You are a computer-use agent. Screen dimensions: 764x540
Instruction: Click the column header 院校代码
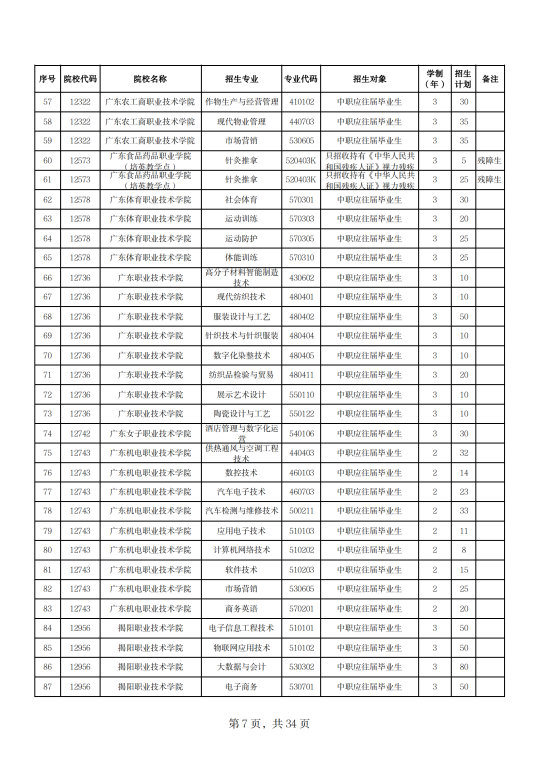[x=80, y=79]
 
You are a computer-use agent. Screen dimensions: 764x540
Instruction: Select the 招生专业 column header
[x=241, y=79]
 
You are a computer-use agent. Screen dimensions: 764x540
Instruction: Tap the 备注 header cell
[x=490, y=79]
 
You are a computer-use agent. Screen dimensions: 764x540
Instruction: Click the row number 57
[x=47, y=102]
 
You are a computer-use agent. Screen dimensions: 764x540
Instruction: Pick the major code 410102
[x=301, y=102]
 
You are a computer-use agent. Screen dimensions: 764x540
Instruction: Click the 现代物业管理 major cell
[x=241, y=121]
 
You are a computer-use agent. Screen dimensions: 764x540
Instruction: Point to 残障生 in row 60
[x=489, y=160]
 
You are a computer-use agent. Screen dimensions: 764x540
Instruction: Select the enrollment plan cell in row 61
[x=463, y=179]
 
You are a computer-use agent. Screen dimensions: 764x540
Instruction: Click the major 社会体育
[x=241, y=199]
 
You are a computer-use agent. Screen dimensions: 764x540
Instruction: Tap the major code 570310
[x=301, y=257]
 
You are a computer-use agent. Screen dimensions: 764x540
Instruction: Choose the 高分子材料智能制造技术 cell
[x=241, y=277]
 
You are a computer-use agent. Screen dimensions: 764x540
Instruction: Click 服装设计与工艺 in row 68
[x=241, y=316]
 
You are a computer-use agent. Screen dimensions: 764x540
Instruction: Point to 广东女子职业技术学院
[x=150, y=433]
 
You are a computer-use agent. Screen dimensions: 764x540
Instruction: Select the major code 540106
[x=301, y=433]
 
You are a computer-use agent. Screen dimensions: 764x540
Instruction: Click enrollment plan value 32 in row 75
[x=463, y=453]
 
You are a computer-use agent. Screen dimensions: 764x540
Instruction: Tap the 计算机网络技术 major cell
[x=241, y=550]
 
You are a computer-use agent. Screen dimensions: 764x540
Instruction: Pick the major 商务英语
[x=241, y=608]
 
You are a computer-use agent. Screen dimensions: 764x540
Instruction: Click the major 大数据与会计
[x=241, y=667]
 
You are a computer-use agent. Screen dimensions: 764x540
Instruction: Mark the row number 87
[x=47, y=686]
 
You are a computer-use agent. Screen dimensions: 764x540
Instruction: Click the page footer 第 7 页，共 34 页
[x=269, y=723]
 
